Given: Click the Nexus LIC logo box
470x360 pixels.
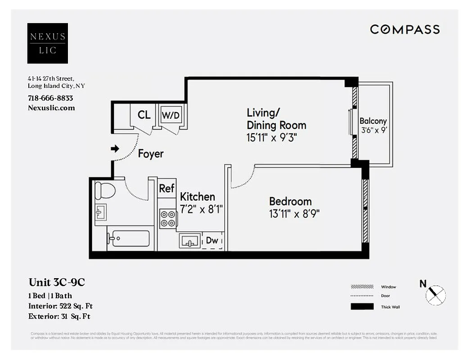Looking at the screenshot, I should [x=47, y=43].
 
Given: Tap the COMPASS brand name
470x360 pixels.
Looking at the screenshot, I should [x=404, y=30].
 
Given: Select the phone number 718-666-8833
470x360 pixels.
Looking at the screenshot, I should [x=50, y=98].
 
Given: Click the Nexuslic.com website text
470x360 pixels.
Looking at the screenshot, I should [x=51, y=108].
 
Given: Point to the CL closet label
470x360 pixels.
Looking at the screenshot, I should [x=144, y=115].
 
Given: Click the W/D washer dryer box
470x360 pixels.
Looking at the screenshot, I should [x=171, y=116].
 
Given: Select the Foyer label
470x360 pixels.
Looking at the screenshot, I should [x=150, y=154].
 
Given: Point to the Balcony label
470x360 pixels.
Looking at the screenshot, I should [x=373, y=121].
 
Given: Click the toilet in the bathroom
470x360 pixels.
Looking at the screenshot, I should [x=104, y=191].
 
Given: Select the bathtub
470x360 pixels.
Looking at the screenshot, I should [x=131, y=238].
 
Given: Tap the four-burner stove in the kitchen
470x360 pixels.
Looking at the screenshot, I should [x=168, y=219].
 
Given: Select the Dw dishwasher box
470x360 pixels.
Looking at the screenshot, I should [x=212, y=241].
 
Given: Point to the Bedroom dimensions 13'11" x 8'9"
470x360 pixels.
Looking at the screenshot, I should [x=294, y=214].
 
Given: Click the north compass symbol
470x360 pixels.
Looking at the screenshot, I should [x=435, y=295].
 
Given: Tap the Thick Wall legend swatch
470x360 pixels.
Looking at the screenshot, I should [x=362, y=307].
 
